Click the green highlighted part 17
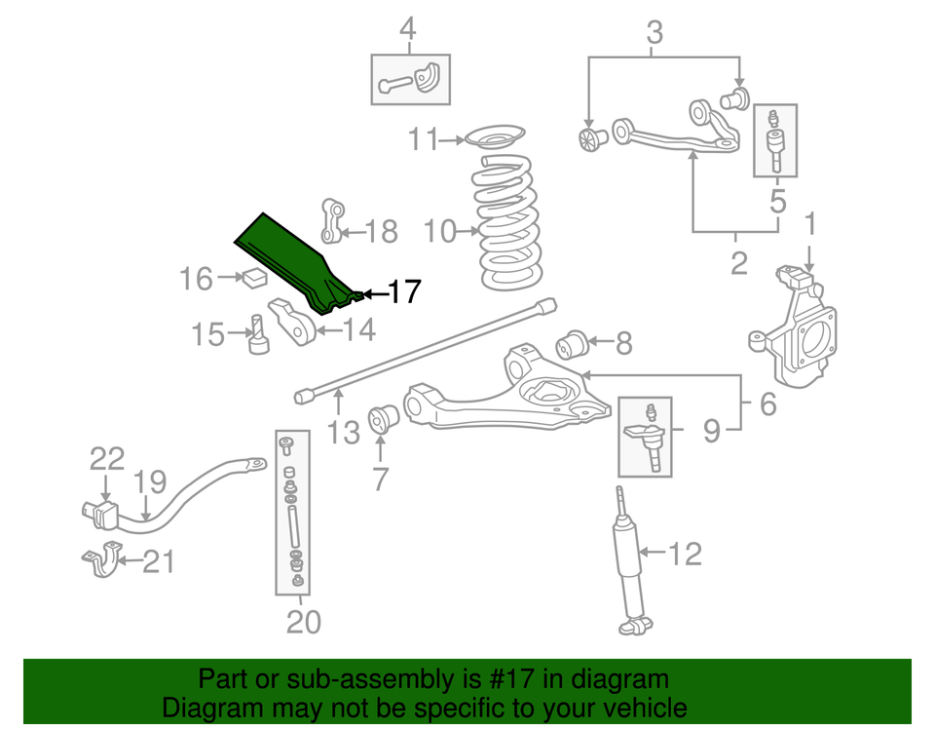point(287,258)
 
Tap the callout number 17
point(404,291)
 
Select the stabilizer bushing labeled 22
point(99,513)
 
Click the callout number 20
point(304,620)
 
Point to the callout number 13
point(344,432)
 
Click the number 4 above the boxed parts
point(407,29)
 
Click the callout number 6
point(768,403)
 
